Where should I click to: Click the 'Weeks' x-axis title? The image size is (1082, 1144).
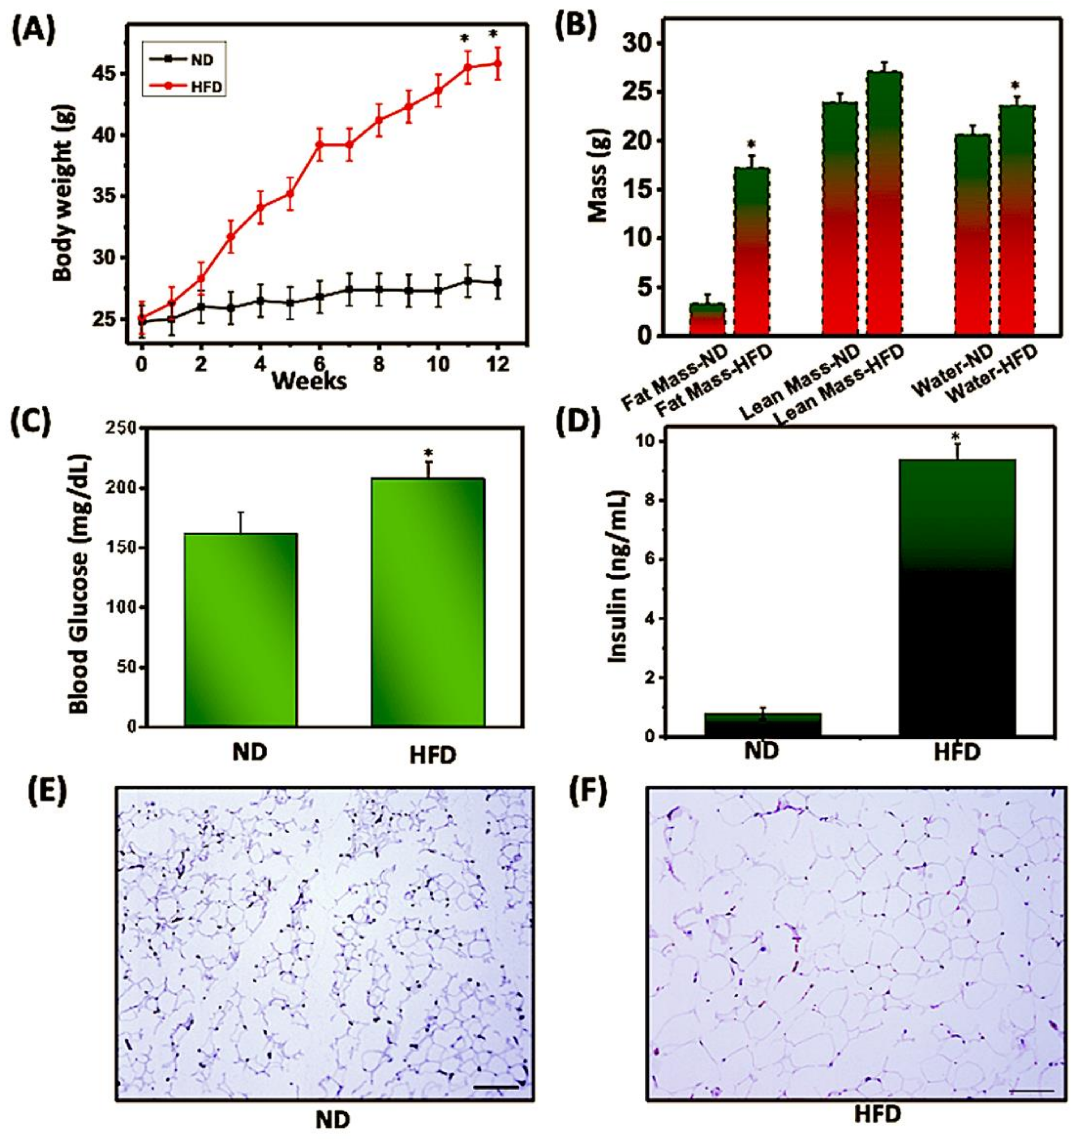coord(309,381)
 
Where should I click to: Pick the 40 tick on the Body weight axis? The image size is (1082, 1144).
coord(110,135)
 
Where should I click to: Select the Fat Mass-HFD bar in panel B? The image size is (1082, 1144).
coord(752,251)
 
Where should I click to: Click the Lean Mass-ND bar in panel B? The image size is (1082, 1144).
coord(840,219)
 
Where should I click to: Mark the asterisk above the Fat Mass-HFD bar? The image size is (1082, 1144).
coord(751,144)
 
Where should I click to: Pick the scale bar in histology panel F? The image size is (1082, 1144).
coord(1032,1091)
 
